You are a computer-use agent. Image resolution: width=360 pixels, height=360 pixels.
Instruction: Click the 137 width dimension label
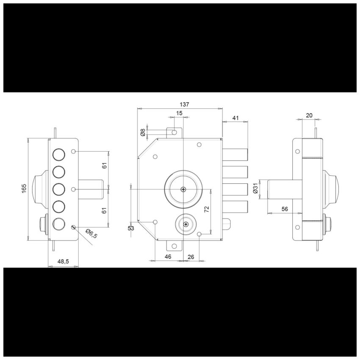tap(184, 105)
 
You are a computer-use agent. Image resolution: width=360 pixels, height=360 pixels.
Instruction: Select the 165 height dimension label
tap(24, 188)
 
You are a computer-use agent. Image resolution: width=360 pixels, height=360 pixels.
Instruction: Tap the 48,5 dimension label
tap(63, 261)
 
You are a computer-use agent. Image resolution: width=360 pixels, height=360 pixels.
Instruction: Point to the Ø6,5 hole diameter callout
tap(91, 234)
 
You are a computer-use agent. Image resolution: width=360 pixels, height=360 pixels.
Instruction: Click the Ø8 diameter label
tap(143, 133)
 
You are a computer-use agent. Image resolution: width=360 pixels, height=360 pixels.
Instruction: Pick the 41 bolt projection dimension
tap(236, 118)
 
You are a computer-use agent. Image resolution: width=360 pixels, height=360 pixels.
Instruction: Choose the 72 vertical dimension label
tap(207, 209)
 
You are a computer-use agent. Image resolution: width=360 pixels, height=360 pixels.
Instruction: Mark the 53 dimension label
tap(131, 228)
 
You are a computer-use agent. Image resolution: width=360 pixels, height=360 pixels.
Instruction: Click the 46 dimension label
tap(168, 257)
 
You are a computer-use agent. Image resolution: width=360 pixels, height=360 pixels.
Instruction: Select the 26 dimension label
tap(191, 257)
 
